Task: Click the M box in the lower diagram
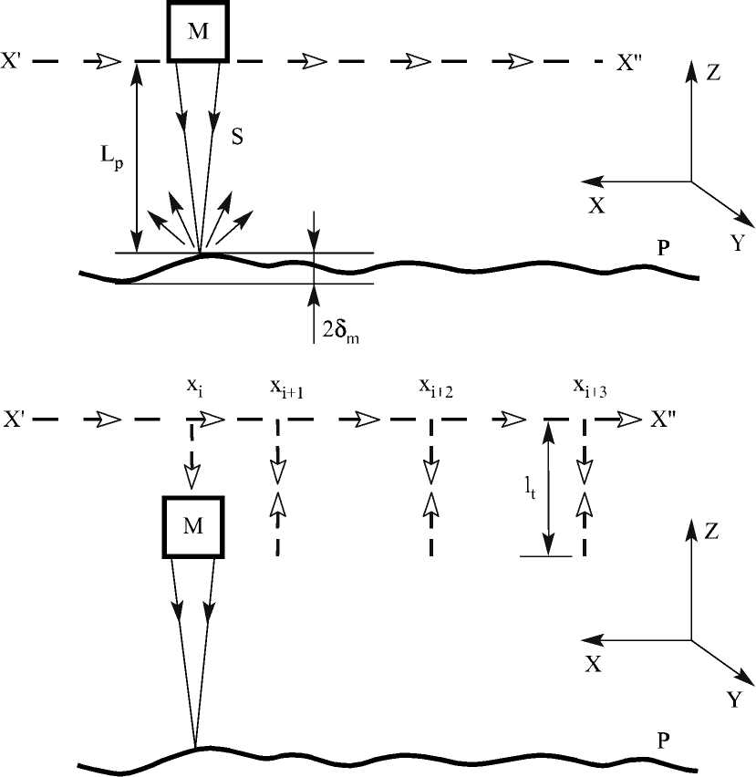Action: point(193,528)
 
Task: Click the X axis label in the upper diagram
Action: point(596,206)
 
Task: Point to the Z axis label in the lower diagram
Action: point(714,532)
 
